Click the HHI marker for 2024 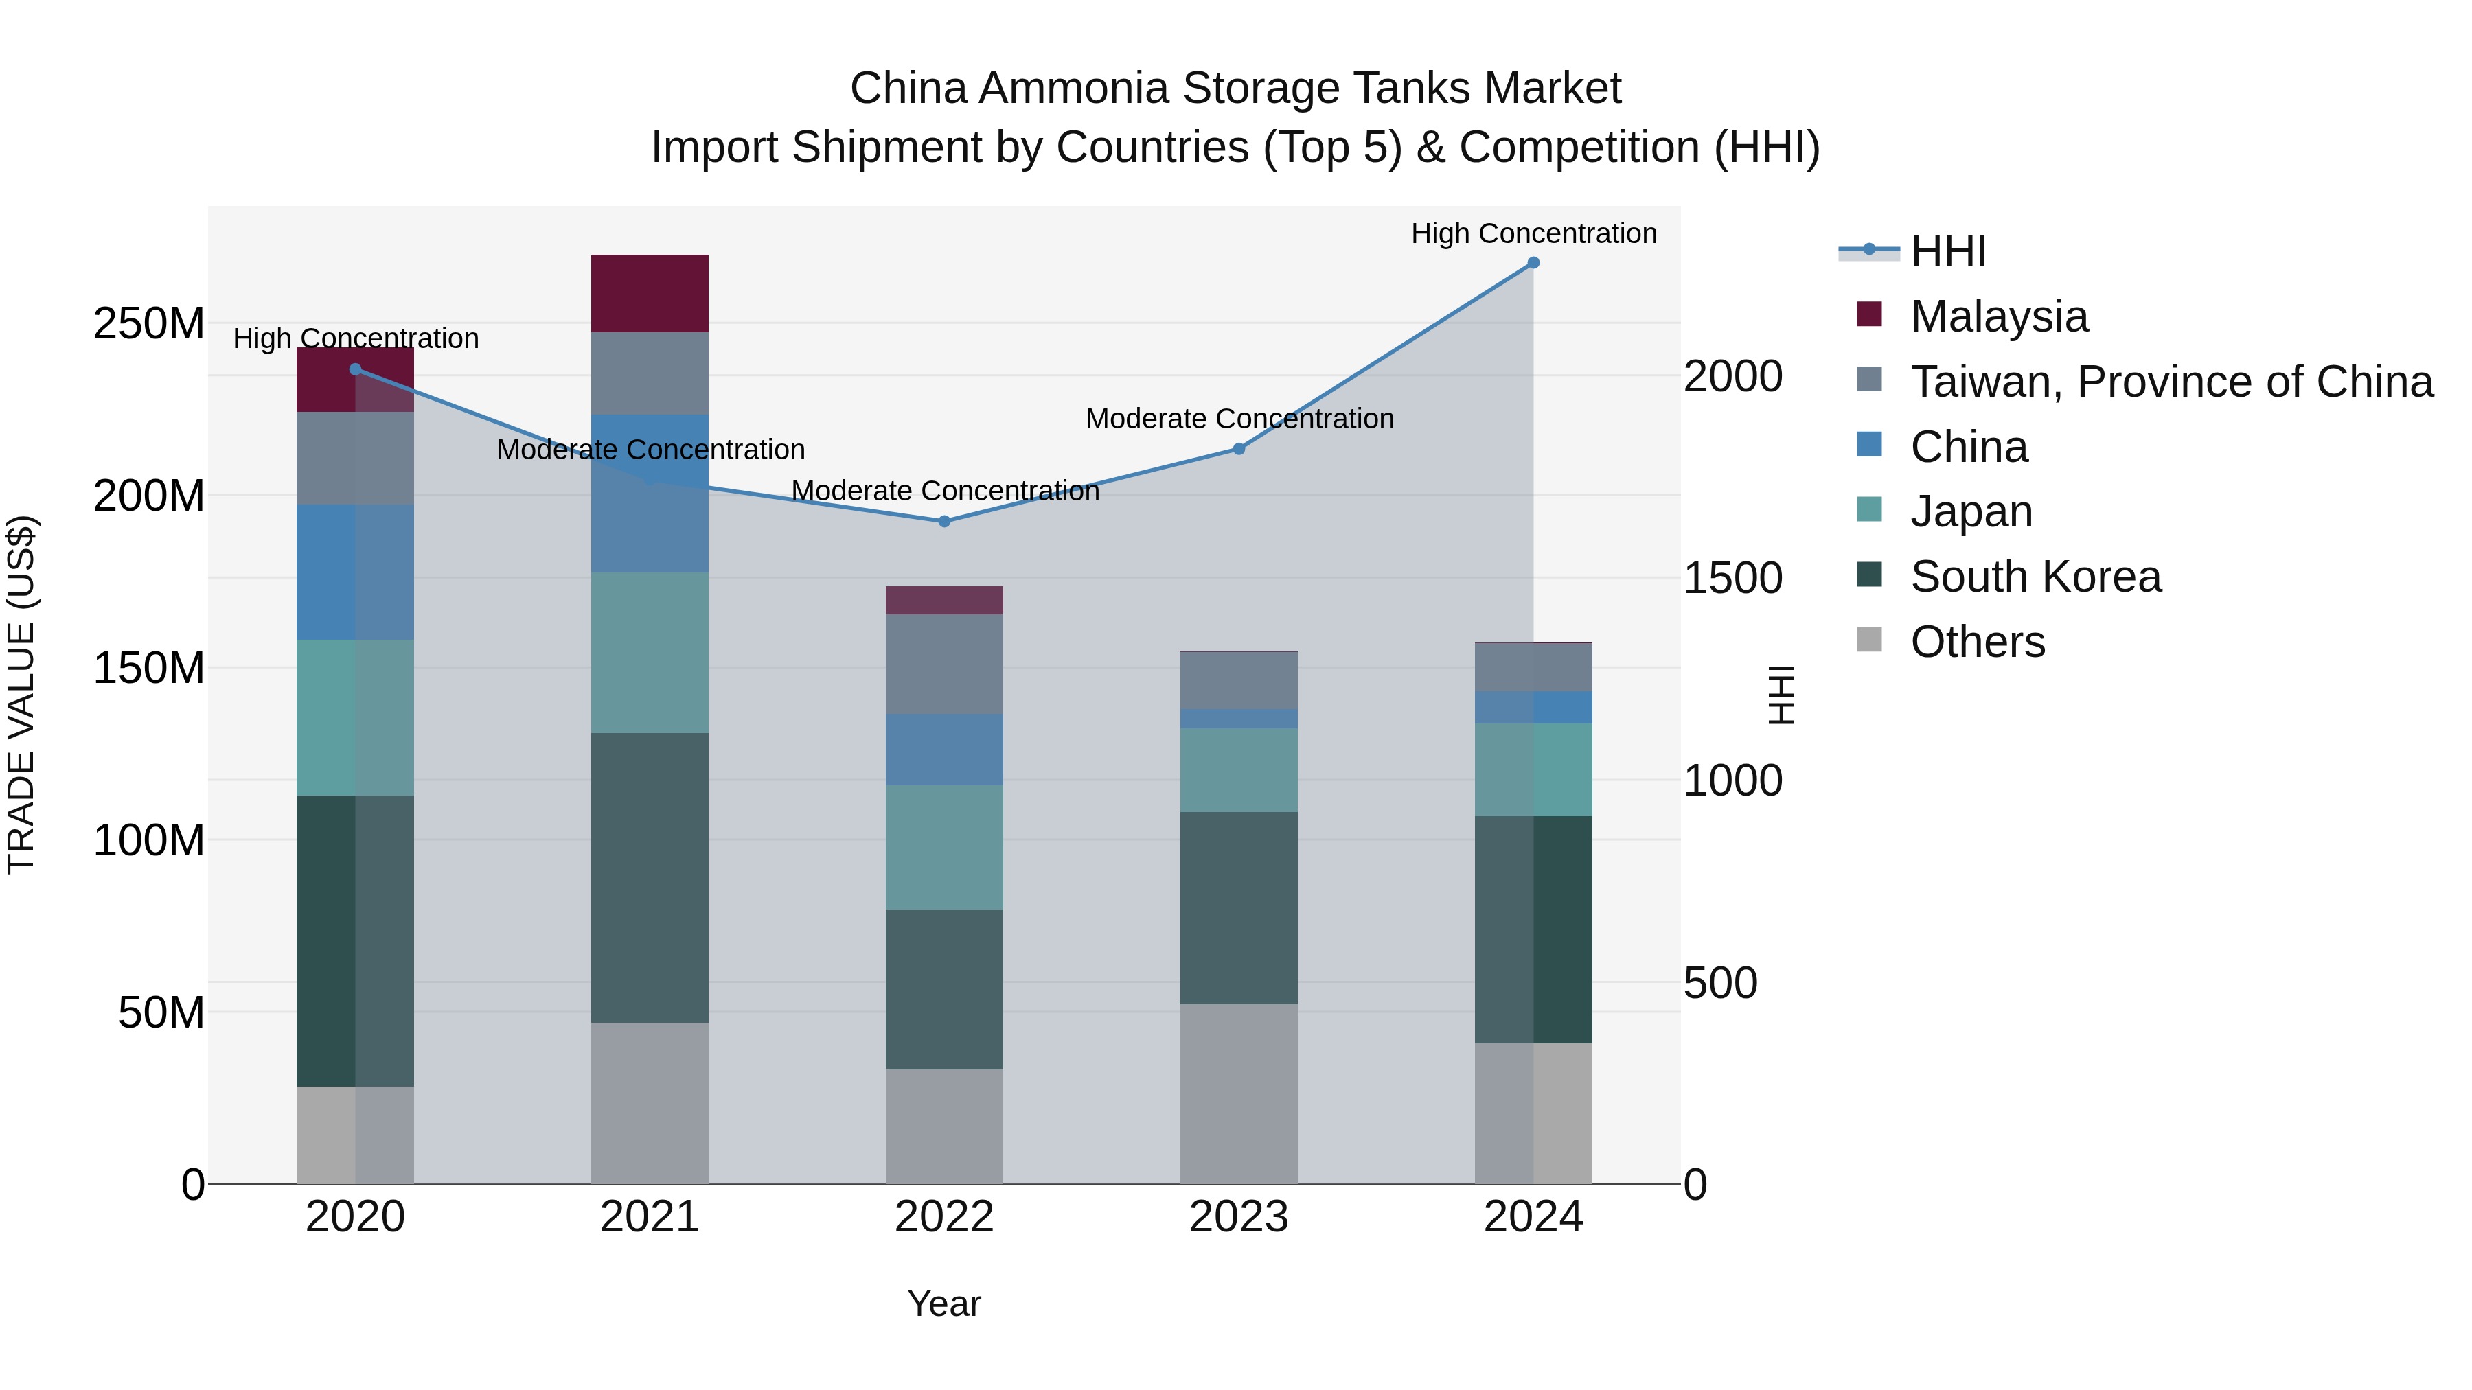[1533, 263]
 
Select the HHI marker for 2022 [944, 522]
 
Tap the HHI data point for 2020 [355, 369]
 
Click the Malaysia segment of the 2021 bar [650, 294]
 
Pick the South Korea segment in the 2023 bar [1238, 907]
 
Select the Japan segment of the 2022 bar [944, 847]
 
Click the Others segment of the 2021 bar [650, 1102]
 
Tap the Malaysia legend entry [1998, 316]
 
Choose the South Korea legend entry [2035, 577]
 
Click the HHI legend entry [1948, 251]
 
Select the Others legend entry [1977, 642]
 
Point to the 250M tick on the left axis [149, 324]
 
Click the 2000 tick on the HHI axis [1733, 376]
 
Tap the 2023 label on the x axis [1238, 1217]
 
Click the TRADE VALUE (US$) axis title [21, 695]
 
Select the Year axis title [944, 1304]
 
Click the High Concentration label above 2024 [1533, 233]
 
